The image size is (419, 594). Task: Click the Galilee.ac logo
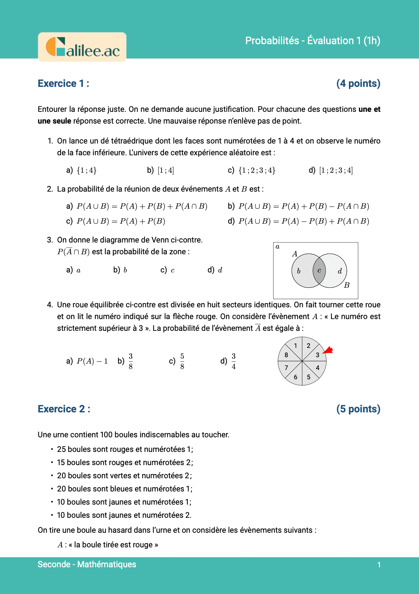point(83,47)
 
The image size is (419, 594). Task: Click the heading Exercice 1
point(63,84)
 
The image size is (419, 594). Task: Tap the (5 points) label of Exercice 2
point(358,409)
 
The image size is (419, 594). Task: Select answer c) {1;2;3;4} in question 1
point(256,171)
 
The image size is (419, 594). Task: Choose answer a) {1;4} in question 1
point(86,171)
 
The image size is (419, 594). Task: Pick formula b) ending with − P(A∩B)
point(303,206)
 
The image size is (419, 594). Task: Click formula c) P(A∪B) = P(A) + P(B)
point(121,221)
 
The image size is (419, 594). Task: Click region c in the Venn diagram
point(319,271)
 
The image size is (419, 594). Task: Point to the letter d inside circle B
point(340,271)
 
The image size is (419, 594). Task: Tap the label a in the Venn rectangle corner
point(278,246)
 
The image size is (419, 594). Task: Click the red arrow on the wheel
point(328,350)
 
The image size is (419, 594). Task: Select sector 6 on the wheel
point(296,377)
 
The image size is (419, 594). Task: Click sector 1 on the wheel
point(296,346)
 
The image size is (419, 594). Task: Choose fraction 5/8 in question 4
point(182,361)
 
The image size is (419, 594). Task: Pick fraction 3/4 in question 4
point(234,361)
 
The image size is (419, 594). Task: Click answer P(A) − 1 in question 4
point(92,361)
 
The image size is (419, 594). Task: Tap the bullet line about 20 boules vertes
point(124,476)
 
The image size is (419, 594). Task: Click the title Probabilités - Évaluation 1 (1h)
point(313,41)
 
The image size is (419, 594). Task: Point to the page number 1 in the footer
point(379,565)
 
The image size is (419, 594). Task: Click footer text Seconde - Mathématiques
point(87,564)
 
